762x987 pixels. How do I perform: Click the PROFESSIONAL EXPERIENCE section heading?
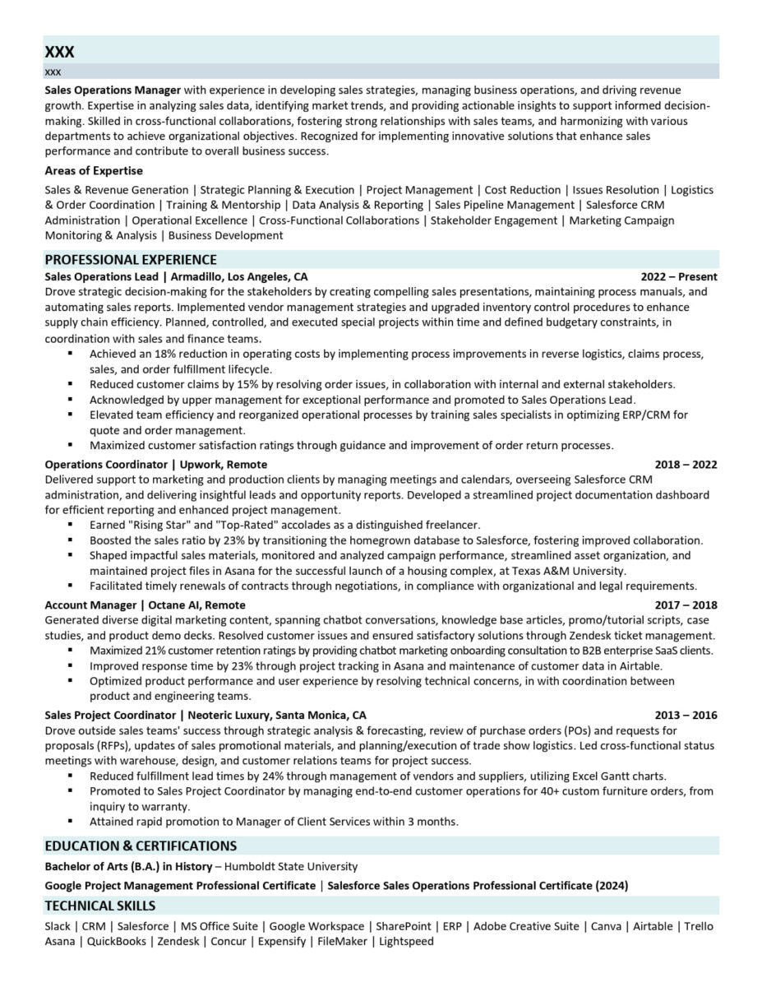coord(131,260)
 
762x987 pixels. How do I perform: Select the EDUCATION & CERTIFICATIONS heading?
coord(141,846)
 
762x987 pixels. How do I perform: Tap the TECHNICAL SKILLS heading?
coord(100,906)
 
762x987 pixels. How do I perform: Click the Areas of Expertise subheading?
coord(94,170)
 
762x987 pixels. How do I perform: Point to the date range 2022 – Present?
coord(679,276)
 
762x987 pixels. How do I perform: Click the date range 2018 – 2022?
coord(686,465)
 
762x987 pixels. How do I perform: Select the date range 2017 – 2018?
coord(686,605)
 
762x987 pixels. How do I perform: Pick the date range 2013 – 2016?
coord(686,715)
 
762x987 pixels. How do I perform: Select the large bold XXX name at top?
coord(59,52)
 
